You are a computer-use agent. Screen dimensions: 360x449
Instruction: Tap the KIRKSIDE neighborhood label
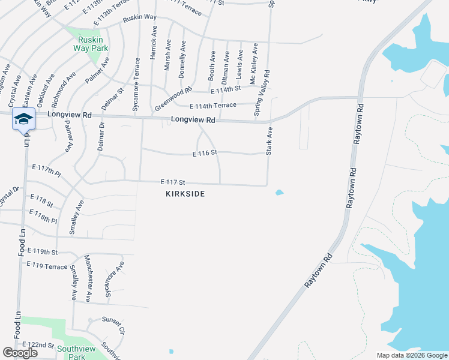(185, 194)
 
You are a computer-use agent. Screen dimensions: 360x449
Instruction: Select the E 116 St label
(205, 154)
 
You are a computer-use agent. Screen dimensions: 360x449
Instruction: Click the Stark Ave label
(270, 141)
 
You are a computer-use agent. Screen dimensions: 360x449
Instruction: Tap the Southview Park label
(76, 352)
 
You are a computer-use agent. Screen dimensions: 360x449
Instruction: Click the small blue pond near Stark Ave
(279, 193)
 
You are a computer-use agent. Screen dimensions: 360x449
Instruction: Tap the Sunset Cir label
(113, 324)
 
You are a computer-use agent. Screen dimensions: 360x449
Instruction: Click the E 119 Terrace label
(47, 266)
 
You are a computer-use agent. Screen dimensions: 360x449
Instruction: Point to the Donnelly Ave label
(182, 60)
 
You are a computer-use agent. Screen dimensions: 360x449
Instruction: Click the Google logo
(20, 353)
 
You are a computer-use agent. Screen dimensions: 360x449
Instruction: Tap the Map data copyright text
(411, 355)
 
